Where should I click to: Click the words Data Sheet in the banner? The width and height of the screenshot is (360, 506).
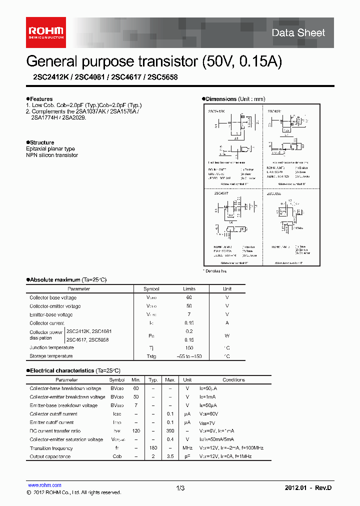(298, 33)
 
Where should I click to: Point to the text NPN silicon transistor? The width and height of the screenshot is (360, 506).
(52, 155)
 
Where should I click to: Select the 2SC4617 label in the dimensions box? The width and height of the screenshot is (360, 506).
(221, 192)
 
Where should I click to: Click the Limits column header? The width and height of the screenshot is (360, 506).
(189, 289)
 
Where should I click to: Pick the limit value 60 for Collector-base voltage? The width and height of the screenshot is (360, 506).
(189, 297)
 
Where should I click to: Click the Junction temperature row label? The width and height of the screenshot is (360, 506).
(51, 347)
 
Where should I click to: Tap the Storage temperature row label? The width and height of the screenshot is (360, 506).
(51, 356)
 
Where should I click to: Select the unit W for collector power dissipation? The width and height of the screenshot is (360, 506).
(227, 335)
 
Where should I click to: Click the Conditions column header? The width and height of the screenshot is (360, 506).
(234, 380)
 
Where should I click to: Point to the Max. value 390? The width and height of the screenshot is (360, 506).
(170, 431)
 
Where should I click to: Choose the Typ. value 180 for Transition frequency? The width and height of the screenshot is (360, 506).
(153, 448)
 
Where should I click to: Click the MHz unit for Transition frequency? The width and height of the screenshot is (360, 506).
(187, 448)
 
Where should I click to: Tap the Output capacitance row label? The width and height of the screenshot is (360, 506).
(50, 456)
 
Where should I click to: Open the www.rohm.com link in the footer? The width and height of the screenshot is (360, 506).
(44, 485)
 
